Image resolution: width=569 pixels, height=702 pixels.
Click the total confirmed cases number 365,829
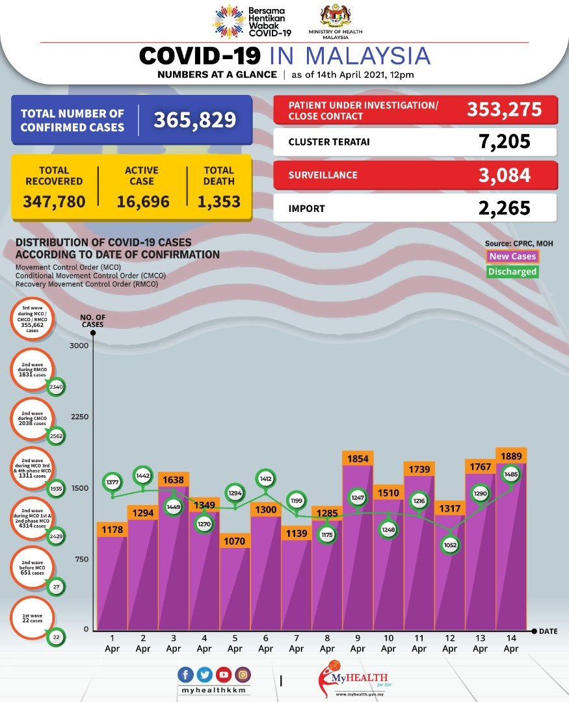pyautogui.click(x=194, y=120)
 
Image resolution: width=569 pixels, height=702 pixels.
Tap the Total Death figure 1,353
pyautogui.click(x=218, y=201)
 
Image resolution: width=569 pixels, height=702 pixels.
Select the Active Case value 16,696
pyautogui.click(x=143, y=201)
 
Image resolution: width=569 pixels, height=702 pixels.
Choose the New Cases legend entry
pyautogui.click(x=512, y=257)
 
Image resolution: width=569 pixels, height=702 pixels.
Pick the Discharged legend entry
pyautogui.click(x=512, y=272)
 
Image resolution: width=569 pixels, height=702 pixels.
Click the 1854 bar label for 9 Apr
pyautogui.click(x=358, y=459)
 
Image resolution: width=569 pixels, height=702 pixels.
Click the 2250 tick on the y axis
pyautogui.click(x=79, y=417)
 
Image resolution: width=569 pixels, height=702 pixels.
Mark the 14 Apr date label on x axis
pyautogui.click(x=511, y=644)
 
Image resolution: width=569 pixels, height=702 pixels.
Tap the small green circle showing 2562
pyautogui.click(x=56, y=436)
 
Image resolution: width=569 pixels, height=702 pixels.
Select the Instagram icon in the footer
pyautogui.click(x=243, y=675)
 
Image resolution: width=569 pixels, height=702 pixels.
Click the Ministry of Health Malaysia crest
pyautogui.click(x=336, y=18)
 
